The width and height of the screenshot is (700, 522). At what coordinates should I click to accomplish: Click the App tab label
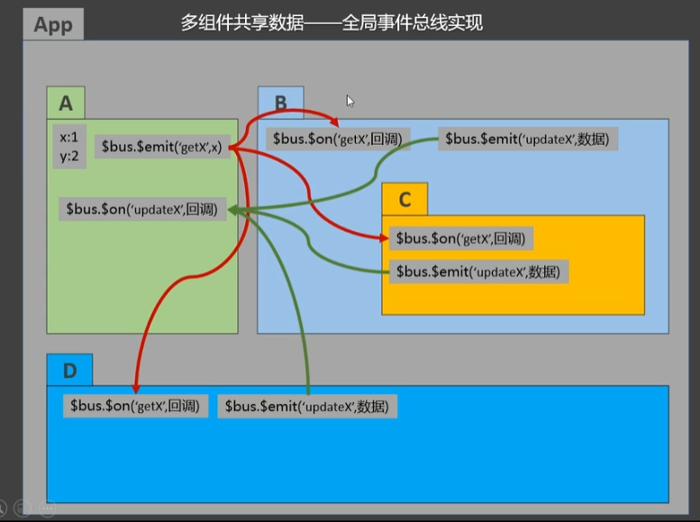pos(52,24)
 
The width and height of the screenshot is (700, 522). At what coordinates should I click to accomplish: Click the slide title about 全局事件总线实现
pos(332,22)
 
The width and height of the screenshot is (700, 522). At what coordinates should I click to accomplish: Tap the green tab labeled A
pos(66,103)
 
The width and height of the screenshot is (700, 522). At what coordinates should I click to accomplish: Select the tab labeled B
pos(280,103)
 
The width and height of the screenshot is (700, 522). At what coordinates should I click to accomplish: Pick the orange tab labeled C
pos(405,200)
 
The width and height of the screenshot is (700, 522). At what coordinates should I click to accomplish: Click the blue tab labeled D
pos(69,370)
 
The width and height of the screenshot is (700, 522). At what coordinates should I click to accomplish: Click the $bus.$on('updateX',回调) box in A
pos(142,209)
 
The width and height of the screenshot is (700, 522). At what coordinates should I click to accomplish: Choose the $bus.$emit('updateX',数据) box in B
pos(528,139)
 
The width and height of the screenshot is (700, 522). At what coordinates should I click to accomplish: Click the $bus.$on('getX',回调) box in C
pos(460,238)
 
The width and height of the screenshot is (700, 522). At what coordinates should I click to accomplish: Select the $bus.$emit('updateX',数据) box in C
pos(479,272)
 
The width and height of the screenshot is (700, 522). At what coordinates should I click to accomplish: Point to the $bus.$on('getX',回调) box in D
pos(135,406)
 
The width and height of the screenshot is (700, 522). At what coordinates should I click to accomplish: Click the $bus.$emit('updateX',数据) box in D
pos(307,407)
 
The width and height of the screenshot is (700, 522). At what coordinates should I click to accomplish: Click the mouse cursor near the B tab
pos(350,101)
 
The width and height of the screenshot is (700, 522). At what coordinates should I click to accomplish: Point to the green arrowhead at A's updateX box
pos(234,210)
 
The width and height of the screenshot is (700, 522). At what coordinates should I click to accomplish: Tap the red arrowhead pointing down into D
pos(136,387)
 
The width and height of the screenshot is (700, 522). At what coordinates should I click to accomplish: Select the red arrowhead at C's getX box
pos(386,238)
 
